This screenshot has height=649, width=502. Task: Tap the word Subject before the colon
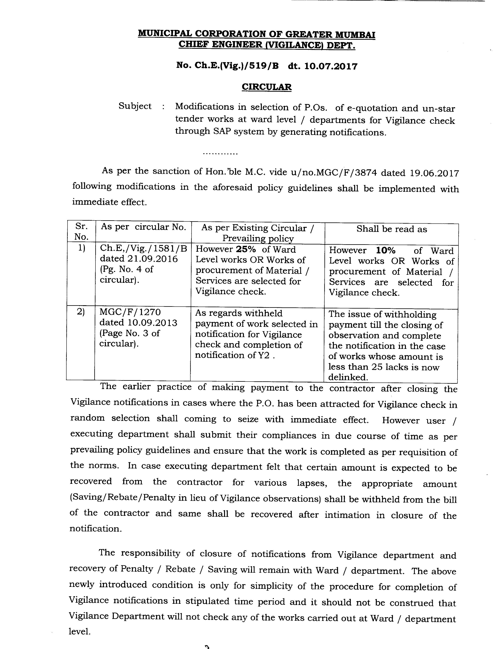click(x=135, y=106)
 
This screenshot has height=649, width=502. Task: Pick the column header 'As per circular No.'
click(x=143, y=227)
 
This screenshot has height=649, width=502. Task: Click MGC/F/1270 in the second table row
click(x=130, y=312)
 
